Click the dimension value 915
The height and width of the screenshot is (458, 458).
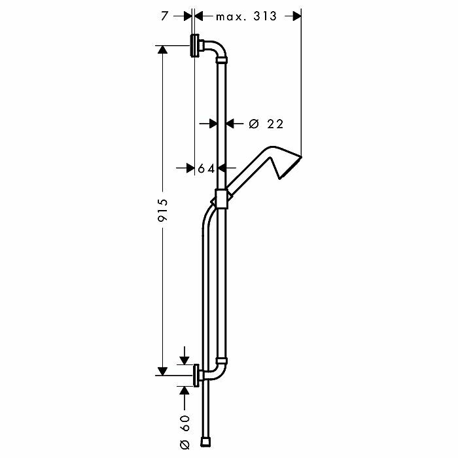(162, 210)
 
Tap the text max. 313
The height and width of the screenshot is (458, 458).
(246, 16)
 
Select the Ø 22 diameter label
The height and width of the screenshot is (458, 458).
(266, 124)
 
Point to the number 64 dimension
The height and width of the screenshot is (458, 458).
(206, 169)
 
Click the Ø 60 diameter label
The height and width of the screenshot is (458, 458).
(185, 432)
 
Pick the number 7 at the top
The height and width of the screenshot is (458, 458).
(164, 16)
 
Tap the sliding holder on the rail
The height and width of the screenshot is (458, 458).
(221, 199)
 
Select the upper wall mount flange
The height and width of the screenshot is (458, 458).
(194, 46)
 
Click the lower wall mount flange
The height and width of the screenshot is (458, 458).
(196, 376)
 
